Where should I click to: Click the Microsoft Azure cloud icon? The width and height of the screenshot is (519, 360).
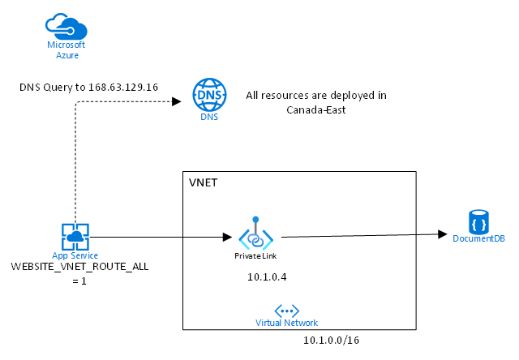tap(66, 26)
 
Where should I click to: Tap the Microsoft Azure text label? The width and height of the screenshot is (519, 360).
tap(66, 49)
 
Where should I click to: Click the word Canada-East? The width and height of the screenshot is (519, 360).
tap(316, 109)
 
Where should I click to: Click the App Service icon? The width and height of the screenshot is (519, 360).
tap(75, 237)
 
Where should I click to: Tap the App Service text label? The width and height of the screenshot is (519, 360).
tap(75, 255)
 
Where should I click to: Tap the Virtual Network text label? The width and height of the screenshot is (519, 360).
tap(286, 323)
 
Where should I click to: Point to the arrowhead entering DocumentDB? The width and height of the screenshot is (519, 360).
tap(442, 234)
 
